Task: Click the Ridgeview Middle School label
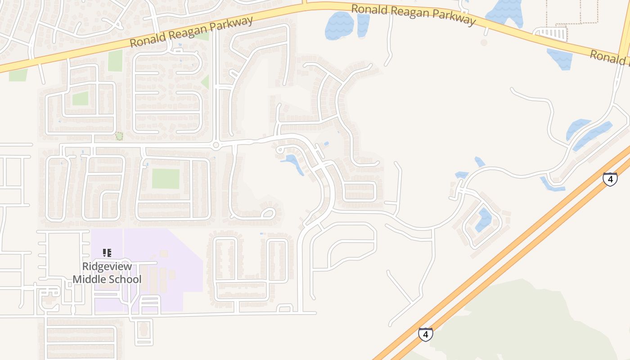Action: [107, 273]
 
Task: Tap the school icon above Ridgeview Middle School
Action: [107, 252]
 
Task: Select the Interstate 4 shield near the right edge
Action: [610, 179]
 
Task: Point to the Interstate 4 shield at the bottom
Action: [425, 334]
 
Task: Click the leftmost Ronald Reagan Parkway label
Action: [191, 32]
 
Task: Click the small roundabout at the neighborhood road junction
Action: [216, 145]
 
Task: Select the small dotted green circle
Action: [119, 135]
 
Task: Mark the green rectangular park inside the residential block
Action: [166, 179]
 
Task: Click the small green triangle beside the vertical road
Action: [205, 82]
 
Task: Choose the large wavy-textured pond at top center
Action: [339, 25]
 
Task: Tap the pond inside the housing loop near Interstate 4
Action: [484, 220]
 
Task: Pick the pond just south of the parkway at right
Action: [561, 58]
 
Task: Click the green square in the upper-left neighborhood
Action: [80, 99]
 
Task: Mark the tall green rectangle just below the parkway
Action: [115, 60]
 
